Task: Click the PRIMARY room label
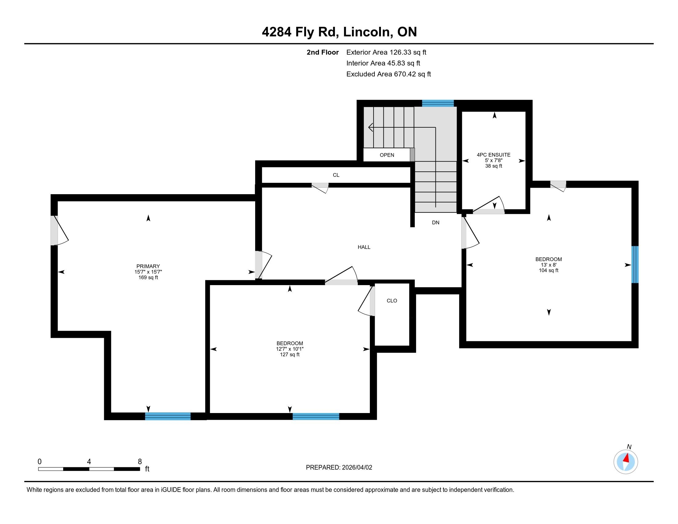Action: tap(148, 266)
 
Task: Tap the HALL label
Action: tap(364, 247)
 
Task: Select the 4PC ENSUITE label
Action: tap(494, 155)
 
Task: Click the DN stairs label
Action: tap(435, 223)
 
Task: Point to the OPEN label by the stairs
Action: tap(387, 155)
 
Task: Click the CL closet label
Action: tap(336, 175)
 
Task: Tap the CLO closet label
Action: tap(392, 301)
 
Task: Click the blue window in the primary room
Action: tap(168, 416)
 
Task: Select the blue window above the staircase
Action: tap(438, 103)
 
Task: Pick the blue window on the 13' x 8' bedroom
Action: tap(635, 264)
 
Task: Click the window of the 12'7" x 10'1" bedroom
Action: tap(316, 416)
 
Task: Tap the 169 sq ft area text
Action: tap(148, 277)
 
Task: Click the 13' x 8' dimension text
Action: tap(549, 265)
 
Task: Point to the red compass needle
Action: tap(627, 458)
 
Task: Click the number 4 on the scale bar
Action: tap(89, 462)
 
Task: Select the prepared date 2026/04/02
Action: tap(356, 468)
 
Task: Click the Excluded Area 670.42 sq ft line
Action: tap(389, 74)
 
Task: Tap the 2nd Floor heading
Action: tap(323, 52)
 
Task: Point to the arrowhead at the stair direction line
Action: tap(370, 127)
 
